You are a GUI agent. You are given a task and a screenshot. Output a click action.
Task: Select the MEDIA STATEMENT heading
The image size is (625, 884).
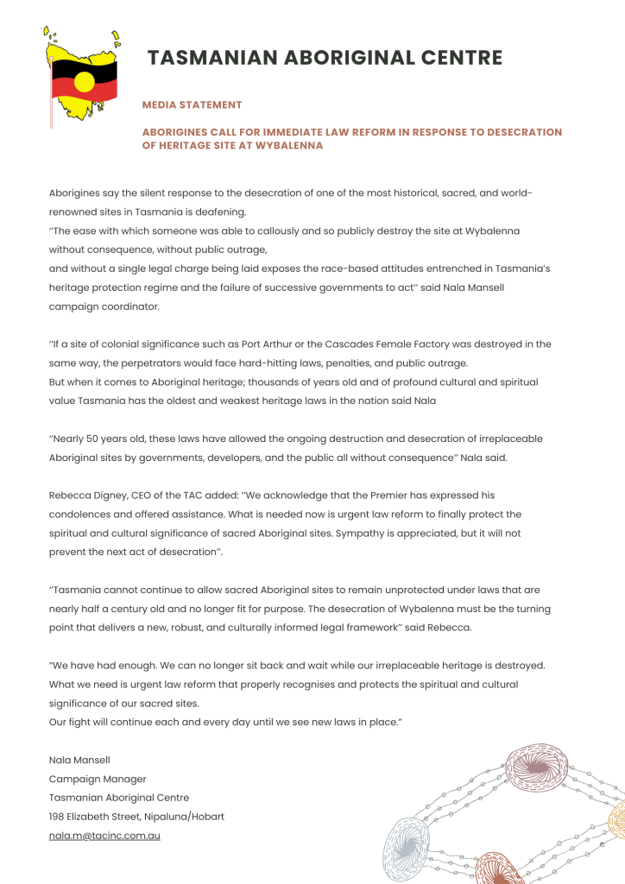pyautogui.click(x=192, y=104)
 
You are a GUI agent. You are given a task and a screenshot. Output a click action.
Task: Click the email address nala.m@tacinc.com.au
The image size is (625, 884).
pyautogui.click(x=104, y=836)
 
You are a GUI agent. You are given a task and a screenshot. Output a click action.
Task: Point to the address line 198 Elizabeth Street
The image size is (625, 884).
pyautogui.click(x=136, y=817)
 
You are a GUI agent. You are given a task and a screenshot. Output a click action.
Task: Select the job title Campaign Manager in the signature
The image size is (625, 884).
pyautogui.click(x=98, y=779)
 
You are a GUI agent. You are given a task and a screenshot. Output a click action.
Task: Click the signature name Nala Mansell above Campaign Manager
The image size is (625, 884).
pyautogui.click(x=79, y=760)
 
